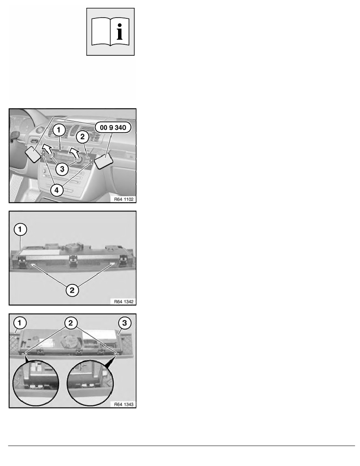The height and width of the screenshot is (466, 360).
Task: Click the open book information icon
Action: pos(111,32)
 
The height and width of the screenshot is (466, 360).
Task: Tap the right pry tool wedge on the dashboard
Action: pos(104,160)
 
